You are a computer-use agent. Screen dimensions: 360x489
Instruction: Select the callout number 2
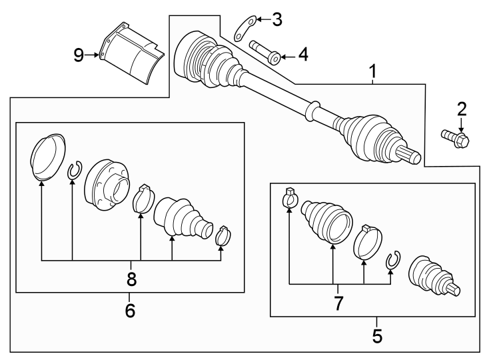(x=461, y=108)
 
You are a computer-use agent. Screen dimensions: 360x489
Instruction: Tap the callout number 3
(x=276, y=19)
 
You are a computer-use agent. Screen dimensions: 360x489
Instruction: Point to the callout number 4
(x=302, y=55)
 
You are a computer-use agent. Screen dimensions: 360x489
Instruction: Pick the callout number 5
(x=377, y=335)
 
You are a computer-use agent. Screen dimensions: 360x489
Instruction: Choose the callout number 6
(x=130, y=310)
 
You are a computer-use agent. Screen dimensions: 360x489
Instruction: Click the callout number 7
(x=338, y=303)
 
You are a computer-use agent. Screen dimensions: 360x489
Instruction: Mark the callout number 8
(x=131, y=279)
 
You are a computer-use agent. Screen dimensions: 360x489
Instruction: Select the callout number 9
(x=79, y=55)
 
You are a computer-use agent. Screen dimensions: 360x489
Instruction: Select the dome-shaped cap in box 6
(x=48, y=157)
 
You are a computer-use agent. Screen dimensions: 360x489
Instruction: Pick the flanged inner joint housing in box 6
(x=105, y=185)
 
